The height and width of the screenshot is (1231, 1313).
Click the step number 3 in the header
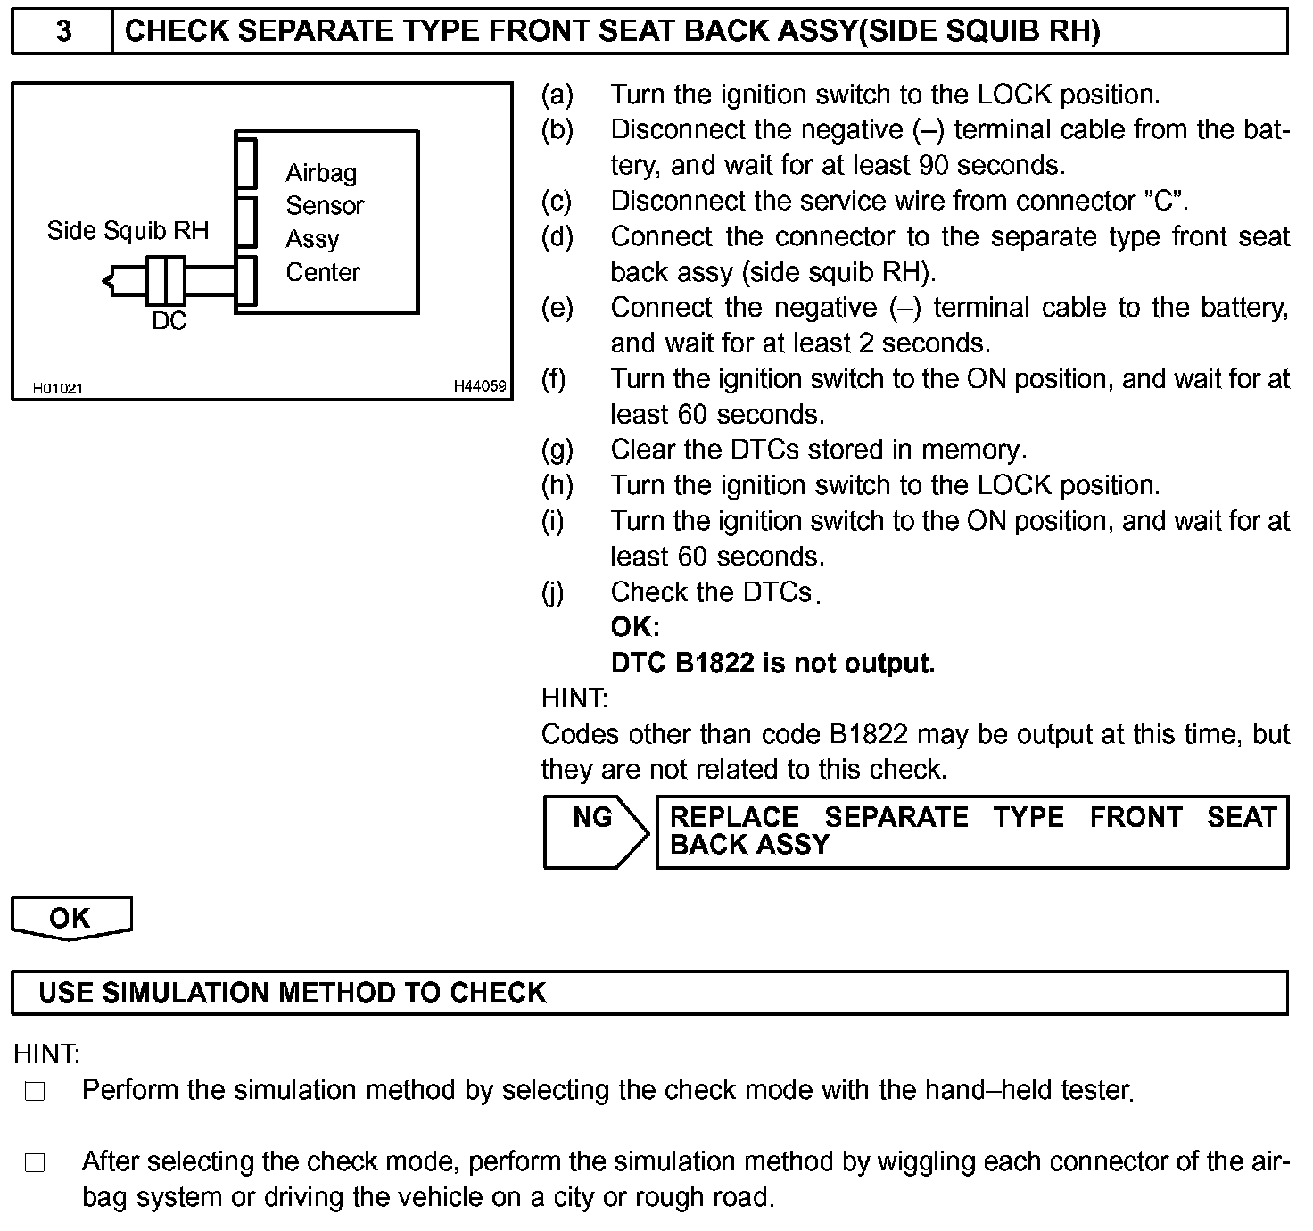(x=63, y=32)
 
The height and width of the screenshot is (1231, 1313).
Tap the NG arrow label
(x=592, y=817)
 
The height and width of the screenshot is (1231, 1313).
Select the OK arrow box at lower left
(x=70, y=917)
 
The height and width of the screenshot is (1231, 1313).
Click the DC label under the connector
(x=169, y=321)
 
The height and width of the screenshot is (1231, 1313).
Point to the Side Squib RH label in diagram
(x=128, y=231)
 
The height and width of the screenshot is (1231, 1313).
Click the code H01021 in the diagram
(x=57, y=388)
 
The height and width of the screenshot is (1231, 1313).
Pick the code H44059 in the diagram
(x=480, y=386)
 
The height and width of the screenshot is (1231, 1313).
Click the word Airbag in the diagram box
(x=321, y=172)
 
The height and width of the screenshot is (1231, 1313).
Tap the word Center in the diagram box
(x=323, y=272)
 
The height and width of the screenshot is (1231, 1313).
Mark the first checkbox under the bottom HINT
(x=35, y=1092)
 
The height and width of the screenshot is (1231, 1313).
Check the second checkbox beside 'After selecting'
(x=35, y=1163)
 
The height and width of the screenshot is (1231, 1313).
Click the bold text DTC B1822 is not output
(x=772, y=663)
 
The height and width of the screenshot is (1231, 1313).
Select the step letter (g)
(x=557, y=450)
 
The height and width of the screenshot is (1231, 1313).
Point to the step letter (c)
(x=557, y=202)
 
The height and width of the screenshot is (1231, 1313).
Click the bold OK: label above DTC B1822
(x=635, y=627)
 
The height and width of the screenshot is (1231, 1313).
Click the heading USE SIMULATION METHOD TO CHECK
(x=292, y=993)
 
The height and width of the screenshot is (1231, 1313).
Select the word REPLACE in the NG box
(x=733, y=817)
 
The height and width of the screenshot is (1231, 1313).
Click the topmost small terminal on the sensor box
(x=246, y=162)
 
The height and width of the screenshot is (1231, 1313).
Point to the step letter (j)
(x=554, y=592)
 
